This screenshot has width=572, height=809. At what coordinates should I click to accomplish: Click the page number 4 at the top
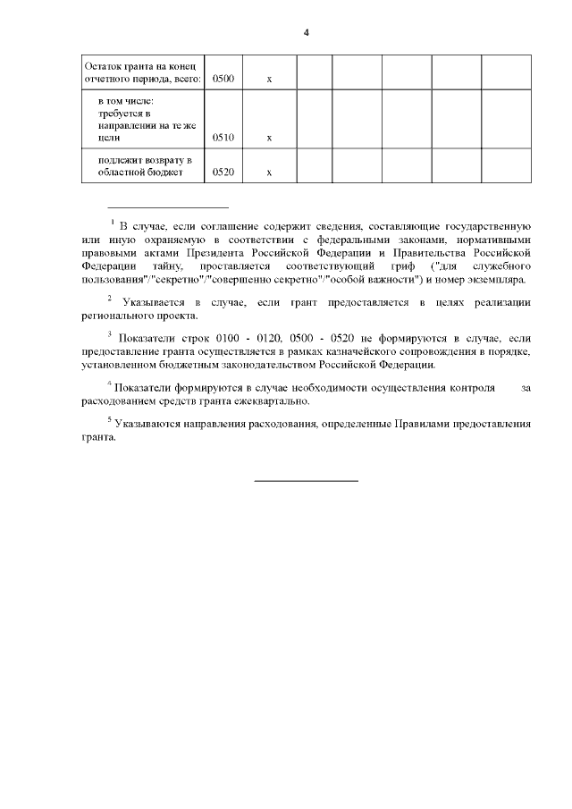(306, 33)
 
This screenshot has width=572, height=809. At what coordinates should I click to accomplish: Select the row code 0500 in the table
(223, 80)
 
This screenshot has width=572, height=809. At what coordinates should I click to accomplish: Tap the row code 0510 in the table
(223, 138)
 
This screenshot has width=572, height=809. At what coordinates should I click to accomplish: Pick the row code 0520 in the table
(223, 173)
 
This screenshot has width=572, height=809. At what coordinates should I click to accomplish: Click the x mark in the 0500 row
(269, 80)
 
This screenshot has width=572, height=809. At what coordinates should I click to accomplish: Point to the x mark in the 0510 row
(269, 138)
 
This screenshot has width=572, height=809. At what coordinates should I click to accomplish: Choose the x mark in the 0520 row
(269, 173)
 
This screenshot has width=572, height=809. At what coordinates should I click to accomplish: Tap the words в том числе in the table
(126, 103)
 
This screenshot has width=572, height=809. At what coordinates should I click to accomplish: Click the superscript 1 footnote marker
(113, 221)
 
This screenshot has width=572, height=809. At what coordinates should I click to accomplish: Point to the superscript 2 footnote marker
(110, 298)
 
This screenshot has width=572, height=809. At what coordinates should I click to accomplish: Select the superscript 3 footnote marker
(108, 334)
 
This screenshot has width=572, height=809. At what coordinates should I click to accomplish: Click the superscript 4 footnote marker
(109, 384)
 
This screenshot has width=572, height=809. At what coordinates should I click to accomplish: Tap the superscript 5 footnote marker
(110, 417)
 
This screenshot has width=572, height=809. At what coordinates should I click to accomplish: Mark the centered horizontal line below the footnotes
(306, 481)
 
